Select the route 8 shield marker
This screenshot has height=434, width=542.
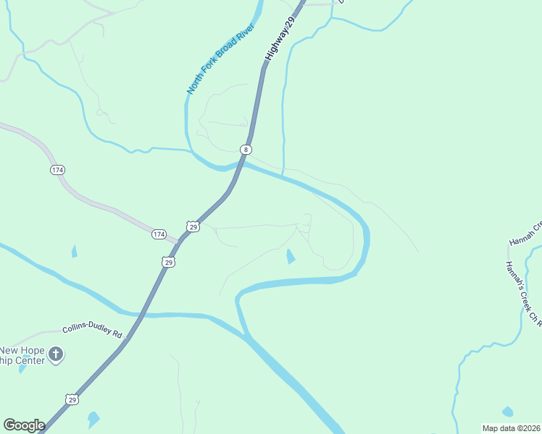pyautogui.click(x=246, y=150)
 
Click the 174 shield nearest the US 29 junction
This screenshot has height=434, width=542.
pyautogui.click(x=159, y=234)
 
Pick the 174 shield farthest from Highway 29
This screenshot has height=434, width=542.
pyautogui.click(x=57, y=170)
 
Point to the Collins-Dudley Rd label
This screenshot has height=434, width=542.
pyautogui.click(x=93, y=331)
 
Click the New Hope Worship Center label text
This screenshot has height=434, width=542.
pyautogui.click(x=22, y=355)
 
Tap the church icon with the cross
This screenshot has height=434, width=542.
pyautogui.click(x=56, y=354)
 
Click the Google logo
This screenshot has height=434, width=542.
pyautogui.click(x=24, y=425)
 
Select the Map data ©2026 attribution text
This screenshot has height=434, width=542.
pyautogui.click(x=511, y=428)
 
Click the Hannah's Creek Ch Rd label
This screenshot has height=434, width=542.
pyautogui.click(x=525, y=293)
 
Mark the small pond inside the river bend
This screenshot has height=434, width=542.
pyautogui.click(x=291, y=256)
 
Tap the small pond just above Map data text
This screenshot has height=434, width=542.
pyautogui.click(x=507, y=412)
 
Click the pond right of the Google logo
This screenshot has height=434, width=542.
pyautogui.click(x=93, y=420)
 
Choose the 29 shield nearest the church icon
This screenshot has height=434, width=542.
pyautogui.click(x=71, y=399)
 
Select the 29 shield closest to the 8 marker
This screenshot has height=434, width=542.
pyautogui.click(x=193, y=226)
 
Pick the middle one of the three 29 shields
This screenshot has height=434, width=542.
pyautogui.click(x=168, y=262)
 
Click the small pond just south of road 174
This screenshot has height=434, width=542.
pyautogui.click(x=74, y=252)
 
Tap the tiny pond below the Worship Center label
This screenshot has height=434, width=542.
pyautogui.click(x=22, y=368)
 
